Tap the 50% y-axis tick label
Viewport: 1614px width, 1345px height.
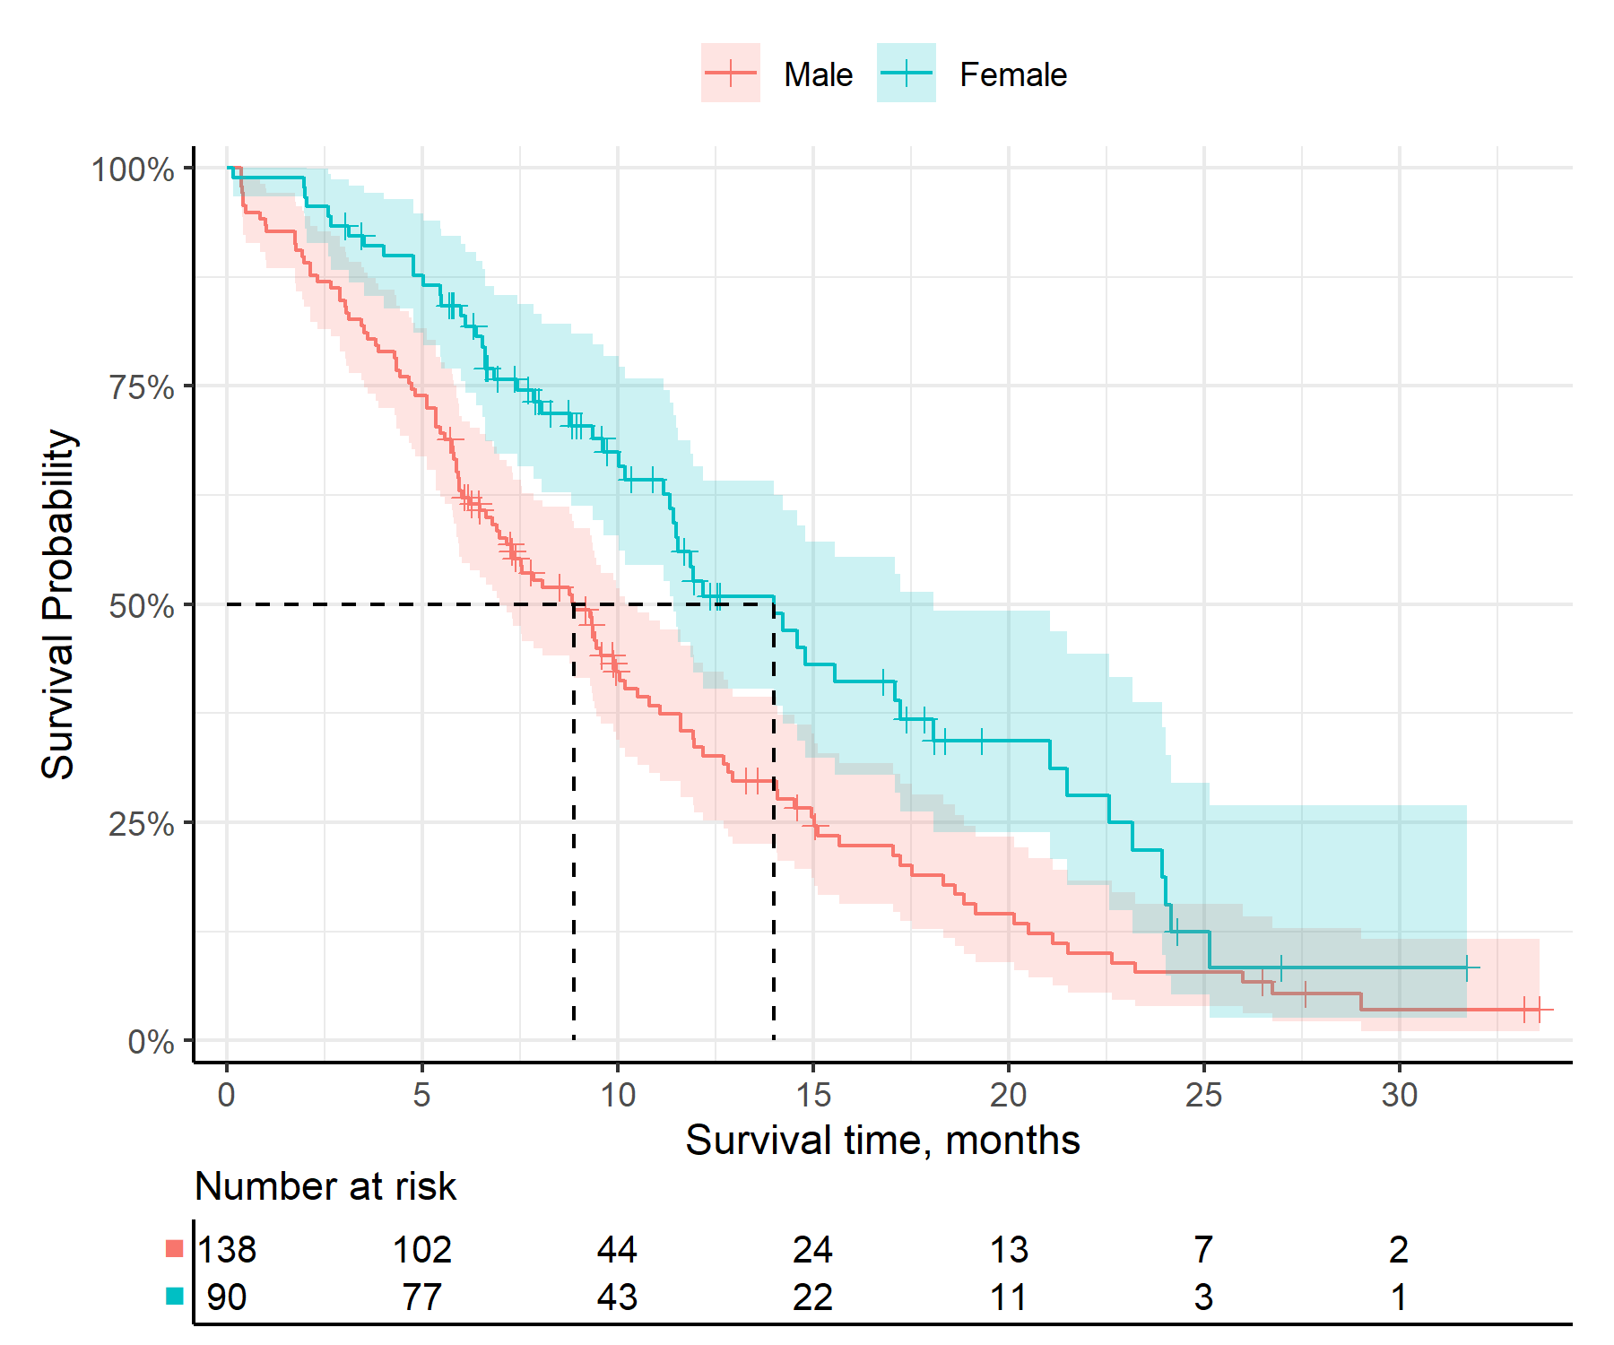(x=142, y=606)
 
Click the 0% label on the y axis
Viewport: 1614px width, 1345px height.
(x=151, y=1042)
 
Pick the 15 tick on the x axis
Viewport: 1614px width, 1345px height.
(x=812, y=1094)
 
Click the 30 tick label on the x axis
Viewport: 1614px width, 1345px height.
(x=1399, y=1094)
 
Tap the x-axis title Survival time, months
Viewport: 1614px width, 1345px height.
(x=882, y=1141)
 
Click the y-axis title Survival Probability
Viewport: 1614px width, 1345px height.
(x=58, y=603)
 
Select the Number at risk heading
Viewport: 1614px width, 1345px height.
(x=325, y=1186)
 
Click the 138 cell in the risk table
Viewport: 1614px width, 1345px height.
(x=227, y=1249)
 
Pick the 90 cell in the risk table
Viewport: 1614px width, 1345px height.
(x=227, y=1297)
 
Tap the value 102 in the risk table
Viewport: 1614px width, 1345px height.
(x=422, y=1249)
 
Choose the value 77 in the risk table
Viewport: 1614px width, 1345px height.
(x=422, y=1297)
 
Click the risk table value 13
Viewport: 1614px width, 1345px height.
(x=1009, y=1249)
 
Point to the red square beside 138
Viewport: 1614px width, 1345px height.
(x=175, y=1248)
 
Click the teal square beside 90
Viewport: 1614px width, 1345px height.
(x=175, y=1296)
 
